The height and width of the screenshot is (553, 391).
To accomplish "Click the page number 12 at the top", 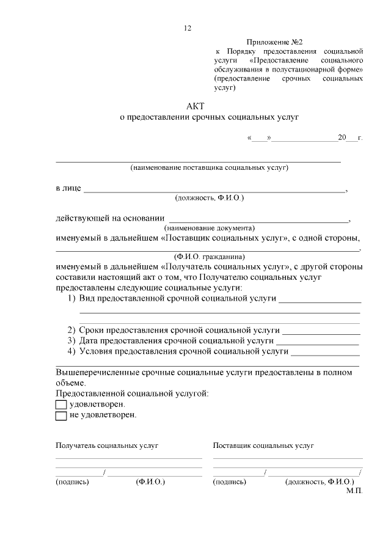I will pos(188,27).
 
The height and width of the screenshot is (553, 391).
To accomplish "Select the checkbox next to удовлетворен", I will pos(60,405).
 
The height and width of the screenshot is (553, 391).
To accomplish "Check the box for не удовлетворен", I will pos(60,416).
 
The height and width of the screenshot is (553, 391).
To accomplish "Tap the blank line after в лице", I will pos(214,190).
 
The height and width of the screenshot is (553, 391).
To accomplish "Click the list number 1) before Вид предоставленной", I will pos(71,299).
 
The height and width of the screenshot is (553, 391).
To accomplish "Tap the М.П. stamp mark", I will pos(354,491).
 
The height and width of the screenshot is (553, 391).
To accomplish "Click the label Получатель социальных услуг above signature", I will pos(107,446).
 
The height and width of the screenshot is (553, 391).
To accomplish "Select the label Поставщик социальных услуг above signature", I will pos(263,446).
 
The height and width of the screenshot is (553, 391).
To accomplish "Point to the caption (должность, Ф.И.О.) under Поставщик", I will pos(320,482).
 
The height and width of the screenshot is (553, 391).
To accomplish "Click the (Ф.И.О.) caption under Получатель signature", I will pos(150,482).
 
